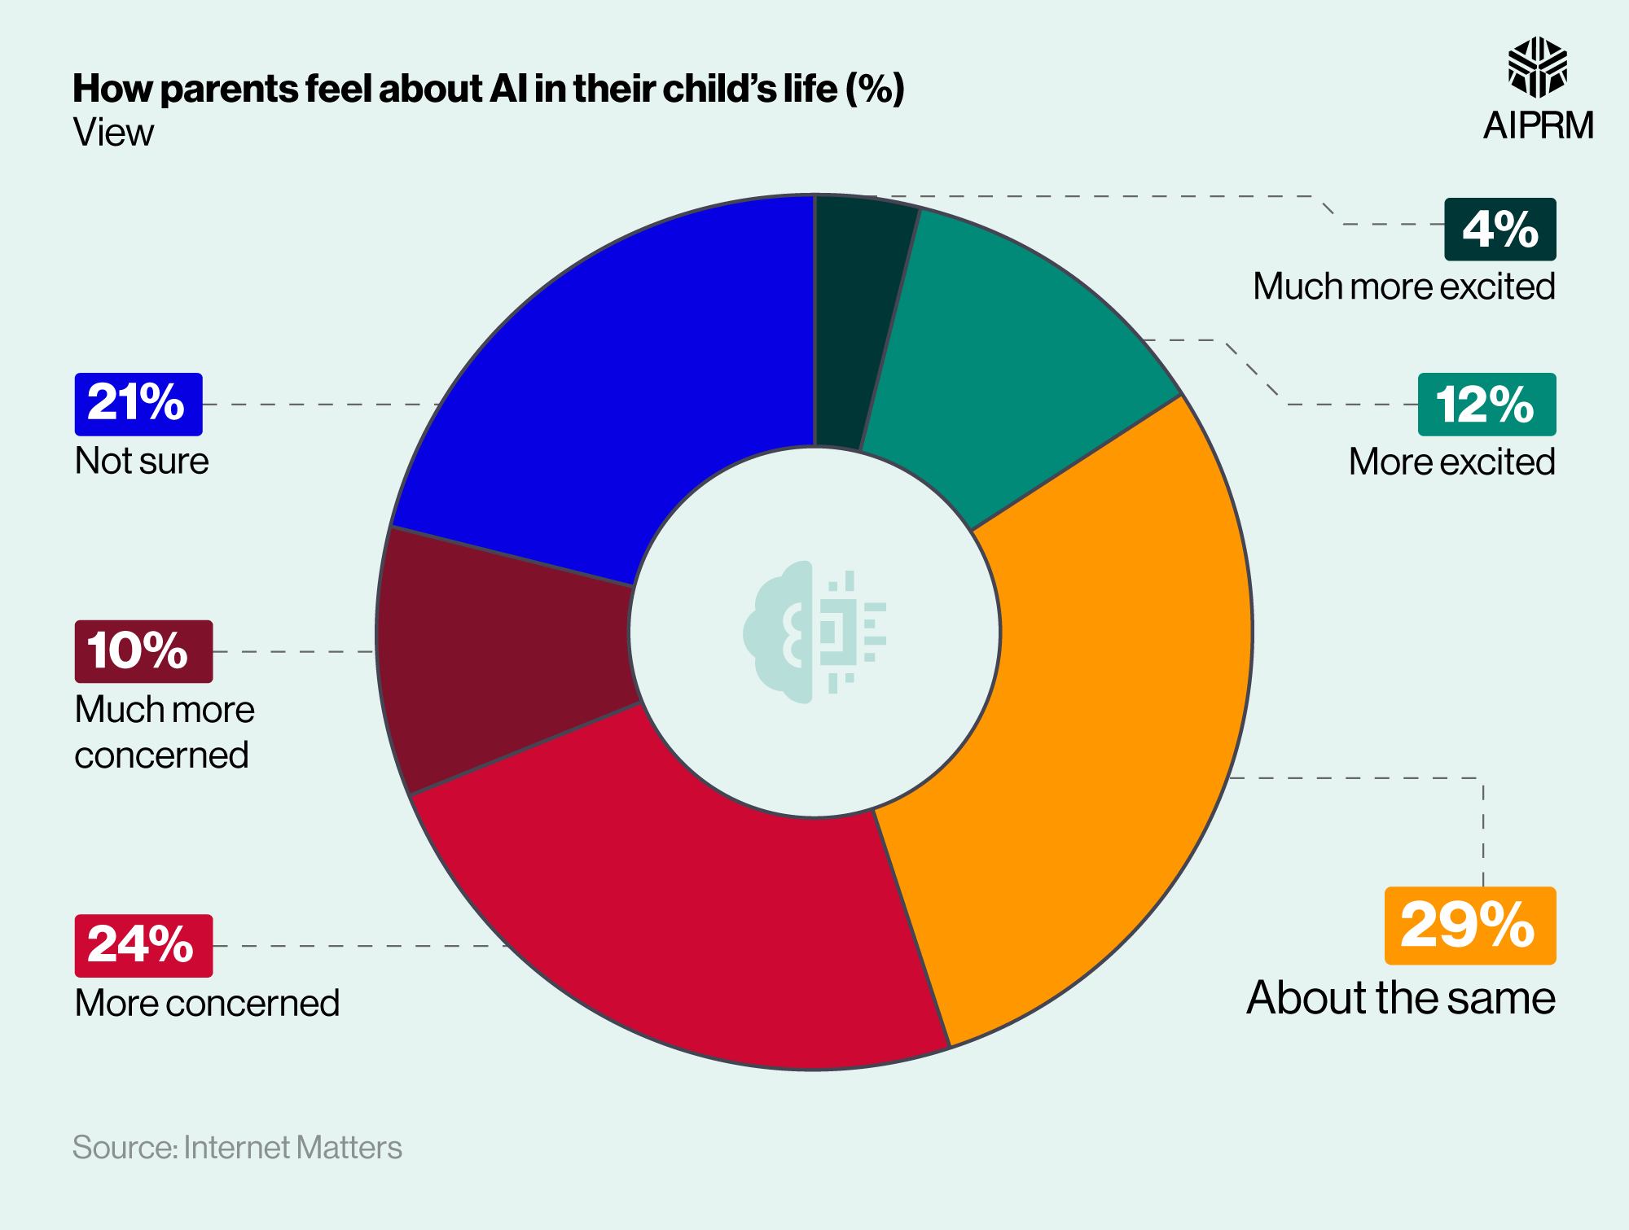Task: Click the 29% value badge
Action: pyautogui.click(x=1469, y=926)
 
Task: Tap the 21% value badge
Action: pyautogui.click(x=138, y=404)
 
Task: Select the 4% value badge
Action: pyautogui.click(x=1499, y=229)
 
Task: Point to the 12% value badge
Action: pyautogui.click(x=1486, y=405)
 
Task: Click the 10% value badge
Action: pyautogui.click(x=143, y=651)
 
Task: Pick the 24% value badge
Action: pyautogui.click(x=143, y=945)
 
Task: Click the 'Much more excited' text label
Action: pyautogui.click(x=1403, y=287)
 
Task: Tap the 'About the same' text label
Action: pyautogui.click(x=1400, y=998)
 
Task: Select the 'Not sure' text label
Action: pyautogui.click(x=142, y=462)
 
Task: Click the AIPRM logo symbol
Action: pyautogui.click(x=1537, y=68)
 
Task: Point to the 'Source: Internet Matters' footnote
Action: pyautogui.click(x=237, y=1147)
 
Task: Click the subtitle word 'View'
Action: pyautogui.click(x=113, y=133)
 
